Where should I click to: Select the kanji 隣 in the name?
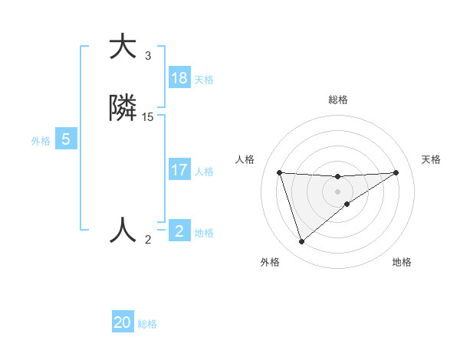pos(123,110)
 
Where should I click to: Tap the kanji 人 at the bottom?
pos(123,230)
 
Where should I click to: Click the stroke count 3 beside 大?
pos(148,56)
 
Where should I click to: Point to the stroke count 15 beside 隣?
pos(148,117)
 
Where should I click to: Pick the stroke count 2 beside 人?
pos(148,240)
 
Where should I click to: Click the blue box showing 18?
pos(179,78)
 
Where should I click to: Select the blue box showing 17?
pos(179,170)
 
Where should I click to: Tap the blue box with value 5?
pos(66,140)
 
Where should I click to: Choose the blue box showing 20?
pos(123,323)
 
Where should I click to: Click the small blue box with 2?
pos(179,231)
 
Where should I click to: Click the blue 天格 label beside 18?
pos(204,80)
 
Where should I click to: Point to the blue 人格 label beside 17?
pos(204,172)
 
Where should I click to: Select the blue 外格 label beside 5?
pos(41,141)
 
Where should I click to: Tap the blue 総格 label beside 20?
pos(147,325)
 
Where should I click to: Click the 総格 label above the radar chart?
pos(338,100)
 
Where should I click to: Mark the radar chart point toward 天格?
pos(396,172)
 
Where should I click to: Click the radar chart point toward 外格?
pos(302,242)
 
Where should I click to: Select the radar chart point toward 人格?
pos(280,172)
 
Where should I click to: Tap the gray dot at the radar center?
pos(338,191)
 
